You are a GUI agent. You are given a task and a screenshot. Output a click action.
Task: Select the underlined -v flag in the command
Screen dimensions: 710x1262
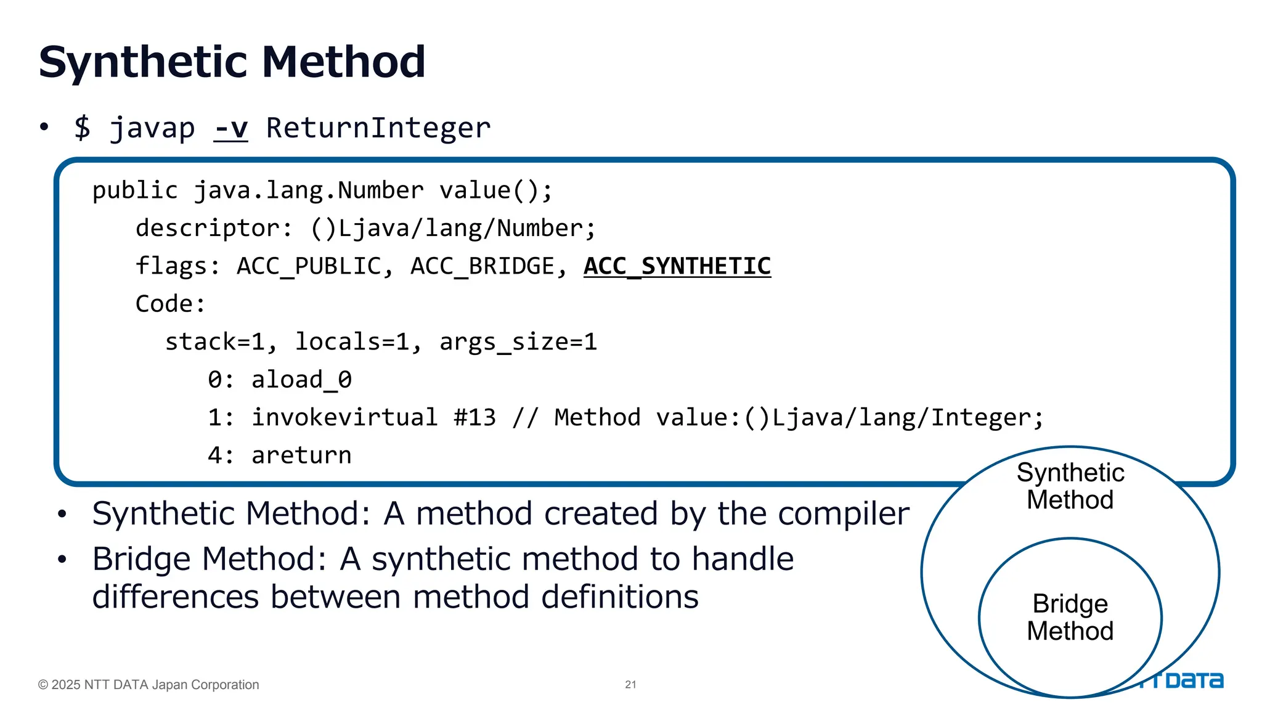tap(230, 128)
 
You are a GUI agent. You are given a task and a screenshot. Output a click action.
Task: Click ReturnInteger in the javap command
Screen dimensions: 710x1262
tap(378, 128)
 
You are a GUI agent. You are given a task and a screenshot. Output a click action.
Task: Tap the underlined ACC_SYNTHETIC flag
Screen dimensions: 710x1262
tap(677, 266)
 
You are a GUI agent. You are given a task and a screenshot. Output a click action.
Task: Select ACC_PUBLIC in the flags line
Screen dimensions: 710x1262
tap(309, 266)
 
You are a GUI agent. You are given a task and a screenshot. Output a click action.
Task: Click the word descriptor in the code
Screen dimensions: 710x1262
tap(208, 229)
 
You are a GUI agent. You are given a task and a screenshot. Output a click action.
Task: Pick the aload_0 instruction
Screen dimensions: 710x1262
tap(301, 380)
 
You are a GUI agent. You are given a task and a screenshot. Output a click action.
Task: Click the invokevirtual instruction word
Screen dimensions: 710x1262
tap(344, 418)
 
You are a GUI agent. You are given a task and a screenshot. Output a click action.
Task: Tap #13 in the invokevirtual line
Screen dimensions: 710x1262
tap(474, 418)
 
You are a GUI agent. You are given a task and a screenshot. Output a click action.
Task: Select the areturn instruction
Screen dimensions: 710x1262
tap(301, 455)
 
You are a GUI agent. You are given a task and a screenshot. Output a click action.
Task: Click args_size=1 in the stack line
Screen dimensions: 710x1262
tap(518, 342)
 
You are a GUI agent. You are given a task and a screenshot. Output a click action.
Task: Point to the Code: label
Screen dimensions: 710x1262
tap(170, 304)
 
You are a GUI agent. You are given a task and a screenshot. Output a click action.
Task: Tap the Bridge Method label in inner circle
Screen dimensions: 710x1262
tap(1070, 618)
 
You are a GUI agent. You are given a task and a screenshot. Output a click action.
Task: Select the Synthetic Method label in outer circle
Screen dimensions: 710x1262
tap(1070, 486)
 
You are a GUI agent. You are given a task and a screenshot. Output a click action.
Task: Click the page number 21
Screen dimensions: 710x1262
tap(630, 685)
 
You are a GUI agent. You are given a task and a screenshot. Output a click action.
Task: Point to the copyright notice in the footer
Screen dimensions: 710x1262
tap(149, 685)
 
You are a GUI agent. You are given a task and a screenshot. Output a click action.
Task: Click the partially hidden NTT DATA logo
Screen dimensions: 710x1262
tap(1192, 681)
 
